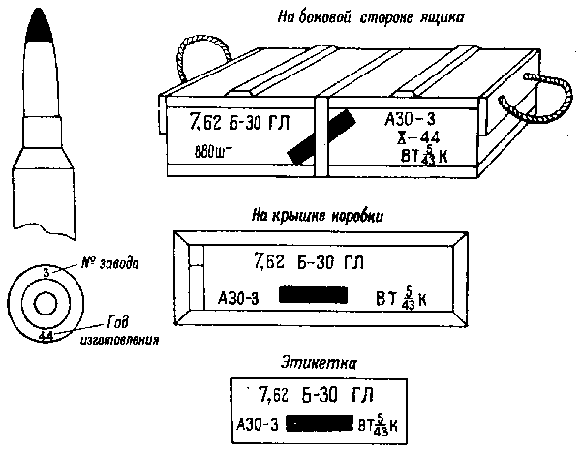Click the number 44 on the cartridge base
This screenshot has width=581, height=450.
(x=46, y=335)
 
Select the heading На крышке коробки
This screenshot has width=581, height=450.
(x=321, y=215)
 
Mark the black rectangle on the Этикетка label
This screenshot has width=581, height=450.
(x=320, y=424)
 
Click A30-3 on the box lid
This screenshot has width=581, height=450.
(x=238, y=297)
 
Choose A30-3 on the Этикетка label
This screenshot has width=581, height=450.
(x=257, y=424)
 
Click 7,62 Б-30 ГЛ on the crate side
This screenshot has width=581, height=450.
(x=229, y=124)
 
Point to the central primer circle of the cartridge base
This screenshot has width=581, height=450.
(x=46, y=304)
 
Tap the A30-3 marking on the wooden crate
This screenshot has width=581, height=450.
(x=410, y=118)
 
